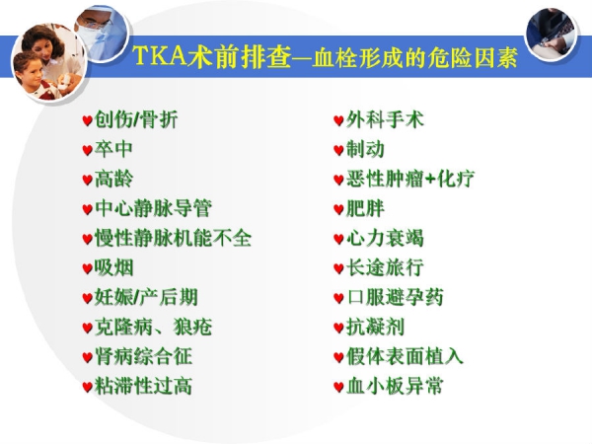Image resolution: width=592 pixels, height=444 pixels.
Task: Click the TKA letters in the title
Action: pyautogui.click(x=161, y=56)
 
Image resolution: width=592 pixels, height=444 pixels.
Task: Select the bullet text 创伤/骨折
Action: pyautogui.click(x=136, y=119)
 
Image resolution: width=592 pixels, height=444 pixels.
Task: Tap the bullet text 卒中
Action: pyautogui.click(x=113, y=149)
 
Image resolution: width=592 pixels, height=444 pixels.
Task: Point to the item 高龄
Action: pyautogui.click(x=114, y=179)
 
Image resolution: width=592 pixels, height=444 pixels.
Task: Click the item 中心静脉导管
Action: pyautogui.click(x=153, y=208)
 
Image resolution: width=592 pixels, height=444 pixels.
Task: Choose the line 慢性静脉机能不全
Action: pyautogui.click(x=174, y=238)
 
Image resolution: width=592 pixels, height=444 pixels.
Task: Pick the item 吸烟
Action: pyautogui.click(x=114, y=267)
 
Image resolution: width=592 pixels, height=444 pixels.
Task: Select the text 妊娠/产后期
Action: pyautogui.click(x=146, y=297)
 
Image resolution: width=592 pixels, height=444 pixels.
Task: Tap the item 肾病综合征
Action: pyautogui.click(x=143, y=356)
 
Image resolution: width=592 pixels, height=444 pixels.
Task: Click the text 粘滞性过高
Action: pyautogui.click(x=143, y=386)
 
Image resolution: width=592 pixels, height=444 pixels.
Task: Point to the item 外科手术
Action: pyautogui.click(x=385, y=119)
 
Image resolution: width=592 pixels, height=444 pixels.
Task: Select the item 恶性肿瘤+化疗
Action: pyautogui.click(x=410, y=179)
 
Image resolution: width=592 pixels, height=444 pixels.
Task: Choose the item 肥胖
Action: pyautogui.click(x=365, y=208)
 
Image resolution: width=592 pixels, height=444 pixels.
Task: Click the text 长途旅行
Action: pyautogui.click(x=385, y=267)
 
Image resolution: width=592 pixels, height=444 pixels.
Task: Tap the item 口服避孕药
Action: pyautogui.click(x=395, y=297)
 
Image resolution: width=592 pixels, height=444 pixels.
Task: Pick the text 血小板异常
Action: pyautogui.click(x=395, y=386)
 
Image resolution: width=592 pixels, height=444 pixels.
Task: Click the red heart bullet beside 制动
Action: pyautogui.click(x=338, y=150)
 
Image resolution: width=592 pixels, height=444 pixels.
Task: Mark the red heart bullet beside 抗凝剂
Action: pyautogui.click(x=338, y=328)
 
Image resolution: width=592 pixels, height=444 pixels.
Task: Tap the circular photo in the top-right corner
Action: pyautogui.click(x=551, y=35)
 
